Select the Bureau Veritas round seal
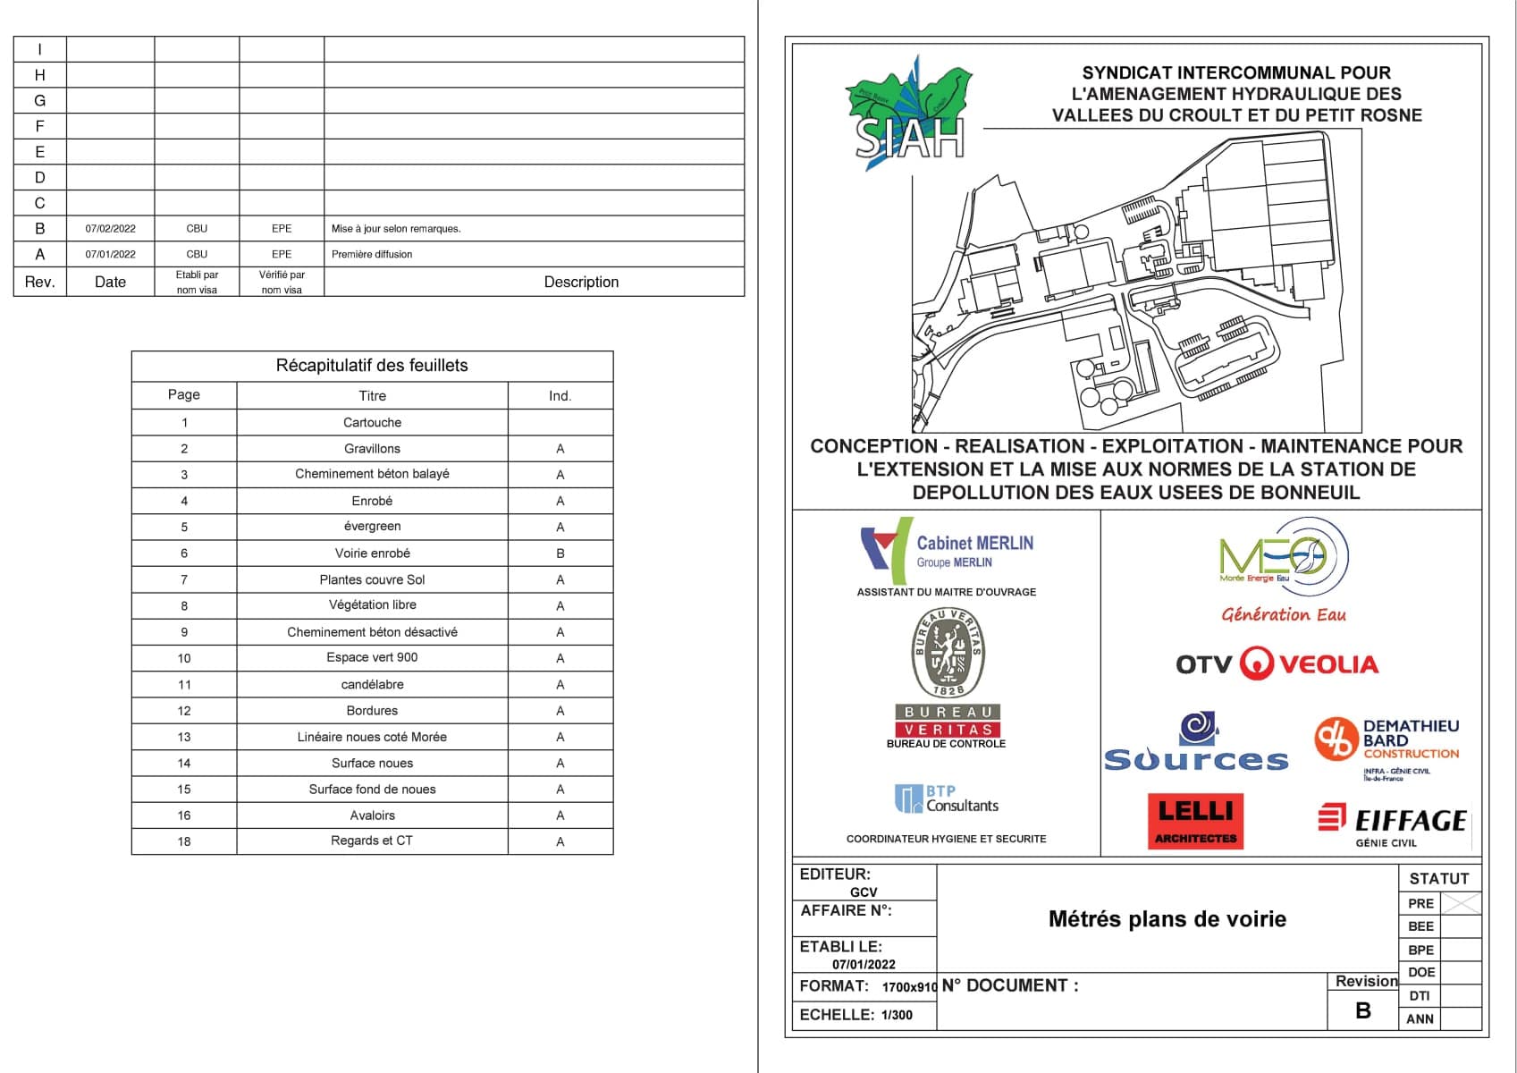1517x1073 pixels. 948,653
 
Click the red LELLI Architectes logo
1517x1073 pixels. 1195,820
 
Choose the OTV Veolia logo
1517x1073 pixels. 1277,664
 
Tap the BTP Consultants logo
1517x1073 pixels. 947,798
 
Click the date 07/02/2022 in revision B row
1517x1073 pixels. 111,229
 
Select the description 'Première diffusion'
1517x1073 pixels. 372,255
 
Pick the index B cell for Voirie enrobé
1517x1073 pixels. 560,553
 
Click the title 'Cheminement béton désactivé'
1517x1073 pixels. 372,632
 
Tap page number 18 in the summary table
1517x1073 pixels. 184,841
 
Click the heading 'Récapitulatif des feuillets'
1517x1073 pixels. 372,366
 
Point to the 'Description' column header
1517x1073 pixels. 581,282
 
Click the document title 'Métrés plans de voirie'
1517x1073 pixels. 1167,919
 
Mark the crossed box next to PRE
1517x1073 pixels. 1461,904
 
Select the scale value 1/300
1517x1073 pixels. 897,1015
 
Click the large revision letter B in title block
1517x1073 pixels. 1363,1010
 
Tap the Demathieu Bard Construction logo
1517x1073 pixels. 1386,742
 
